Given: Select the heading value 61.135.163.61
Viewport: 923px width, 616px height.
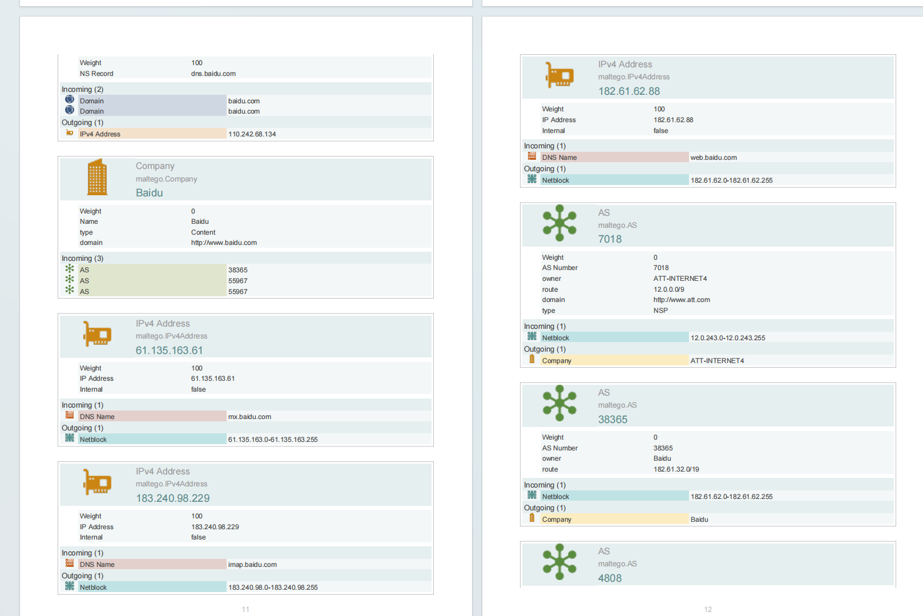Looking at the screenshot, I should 169,351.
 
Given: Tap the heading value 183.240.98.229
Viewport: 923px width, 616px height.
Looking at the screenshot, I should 172,498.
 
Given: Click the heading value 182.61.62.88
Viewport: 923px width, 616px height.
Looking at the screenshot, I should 628,91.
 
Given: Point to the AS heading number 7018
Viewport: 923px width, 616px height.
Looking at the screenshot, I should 610,239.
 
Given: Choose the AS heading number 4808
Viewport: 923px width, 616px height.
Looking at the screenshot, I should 610,578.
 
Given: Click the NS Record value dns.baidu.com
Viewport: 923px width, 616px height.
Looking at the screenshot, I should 213,74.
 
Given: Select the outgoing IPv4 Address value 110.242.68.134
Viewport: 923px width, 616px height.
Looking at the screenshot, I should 252,134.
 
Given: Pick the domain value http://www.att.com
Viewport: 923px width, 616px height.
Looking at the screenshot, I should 682,300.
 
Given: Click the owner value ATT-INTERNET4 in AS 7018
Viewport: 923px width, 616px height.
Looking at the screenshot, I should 680,279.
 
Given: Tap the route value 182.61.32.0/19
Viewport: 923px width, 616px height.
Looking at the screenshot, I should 676,469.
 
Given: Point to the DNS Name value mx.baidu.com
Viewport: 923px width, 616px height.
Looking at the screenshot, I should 249,417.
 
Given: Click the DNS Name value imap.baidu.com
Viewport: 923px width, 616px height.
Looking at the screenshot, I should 252,565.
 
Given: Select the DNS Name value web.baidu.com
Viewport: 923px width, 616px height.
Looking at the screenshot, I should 714,158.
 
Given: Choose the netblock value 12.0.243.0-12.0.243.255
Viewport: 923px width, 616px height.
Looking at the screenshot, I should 728,338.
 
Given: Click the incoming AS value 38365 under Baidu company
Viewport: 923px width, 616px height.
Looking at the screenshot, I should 237,270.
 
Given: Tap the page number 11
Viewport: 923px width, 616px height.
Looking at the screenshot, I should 245,609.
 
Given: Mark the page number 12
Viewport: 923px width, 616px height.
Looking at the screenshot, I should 708,609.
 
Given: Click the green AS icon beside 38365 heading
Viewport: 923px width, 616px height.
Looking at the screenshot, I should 559,403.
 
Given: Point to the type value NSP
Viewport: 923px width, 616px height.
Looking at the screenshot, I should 660,311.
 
